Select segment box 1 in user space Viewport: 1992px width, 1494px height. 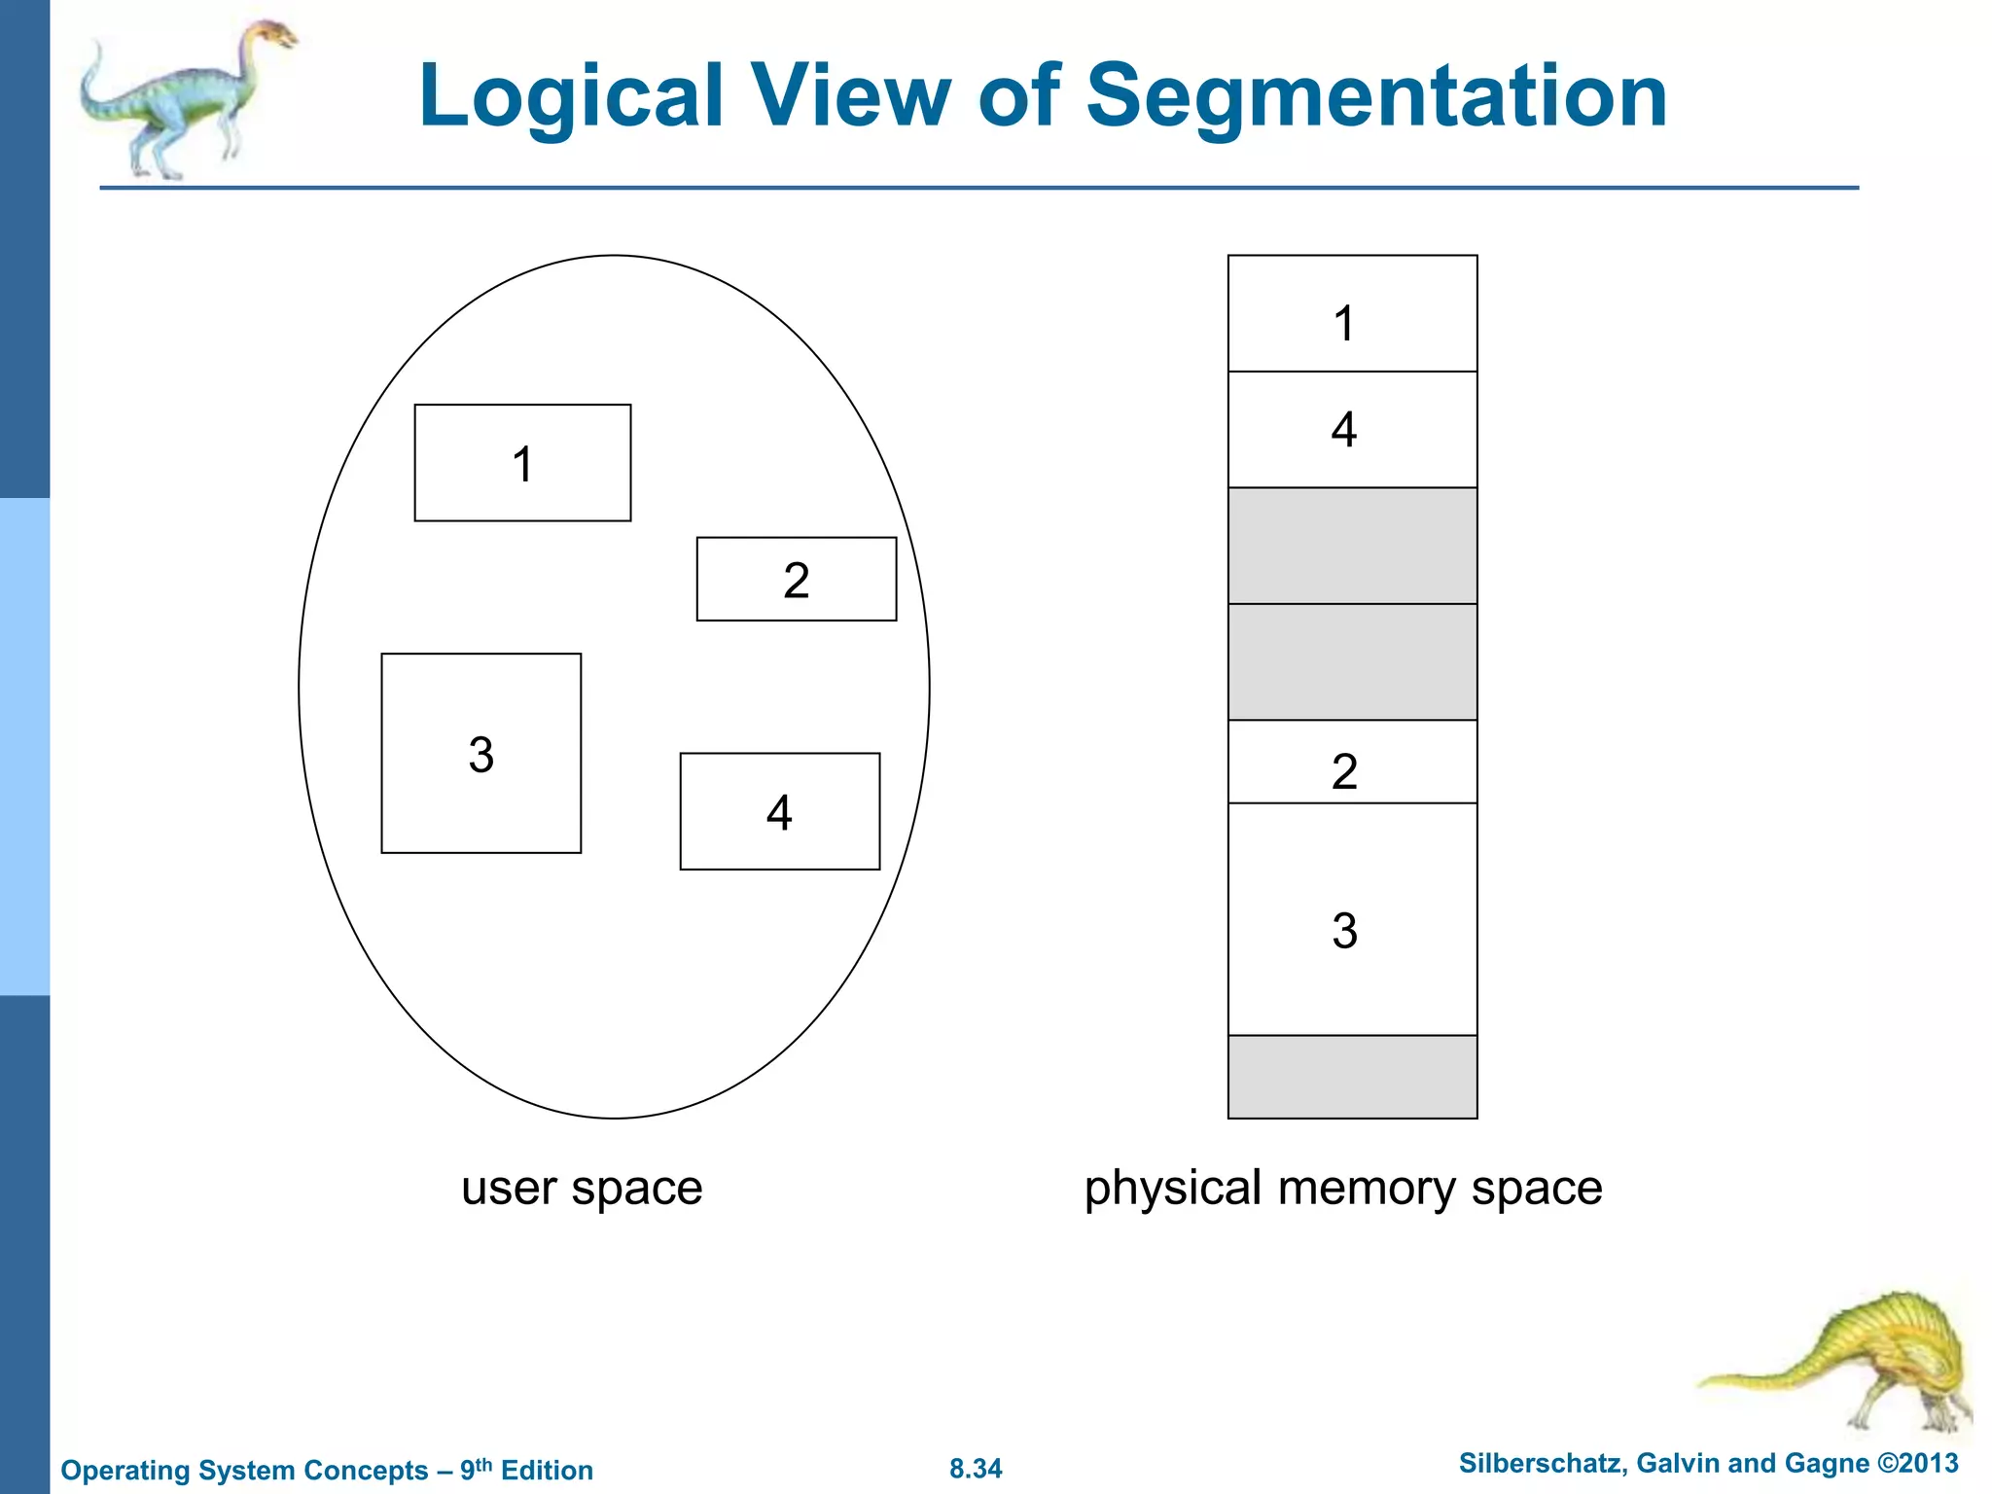tap(522, 463)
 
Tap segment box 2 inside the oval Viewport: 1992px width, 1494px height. tap(796, 580)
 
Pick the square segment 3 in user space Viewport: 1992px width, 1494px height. tap(480, 754)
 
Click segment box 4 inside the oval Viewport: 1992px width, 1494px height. tap(779, 811)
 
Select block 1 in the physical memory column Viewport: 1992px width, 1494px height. tap(1352, 314)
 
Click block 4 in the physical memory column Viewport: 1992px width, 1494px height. tap(1352, 430)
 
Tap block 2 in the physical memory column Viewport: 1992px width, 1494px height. tap(1352, 763)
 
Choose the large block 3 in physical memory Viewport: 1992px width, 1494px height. tap(1352, 920)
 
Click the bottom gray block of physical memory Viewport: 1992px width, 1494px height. tap(1352, 1077)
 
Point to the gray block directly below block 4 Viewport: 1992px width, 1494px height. tap(1352, 546)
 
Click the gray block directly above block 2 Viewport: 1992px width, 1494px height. tap(1352, 662)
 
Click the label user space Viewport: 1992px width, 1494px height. tap(582, 1188)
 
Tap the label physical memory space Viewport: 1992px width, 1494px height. tap(1343, 1188)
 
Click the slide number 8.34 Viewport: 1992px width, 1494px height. tap(976, 1469)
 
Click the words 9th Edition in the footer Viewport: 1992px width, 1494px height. tap(526, 1470)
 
